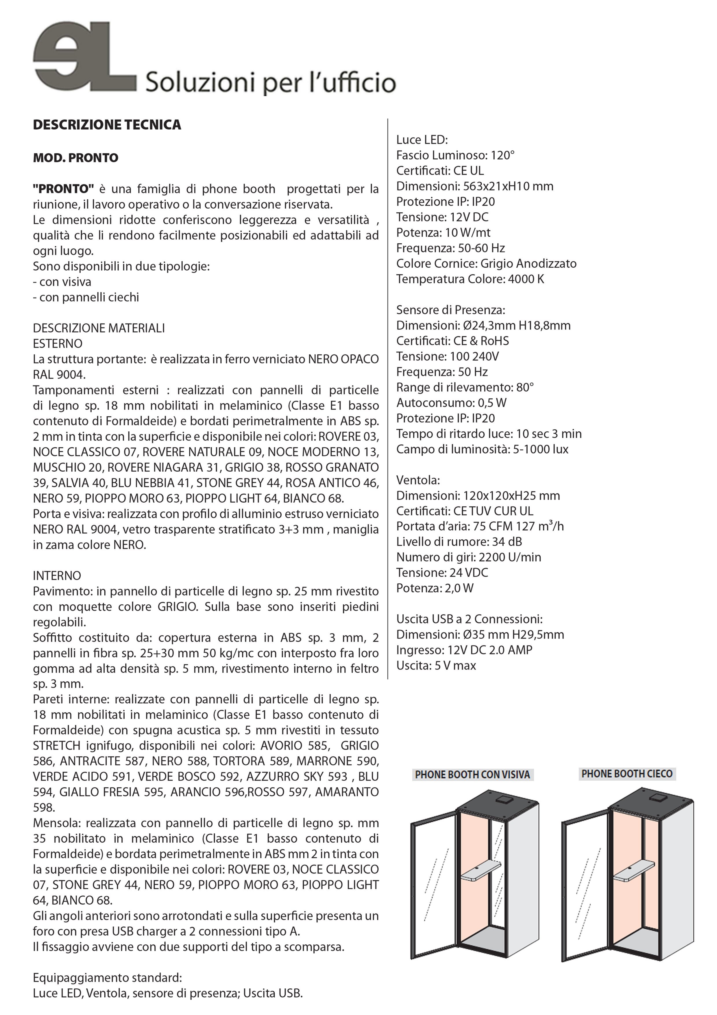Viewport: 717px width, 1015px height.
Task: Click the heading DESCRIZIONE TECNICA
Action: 107,125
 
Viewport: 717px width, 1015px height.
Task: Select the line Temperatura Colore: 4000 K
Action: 470,279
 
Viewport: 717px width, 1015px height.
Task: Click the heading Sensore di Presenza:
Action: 450,310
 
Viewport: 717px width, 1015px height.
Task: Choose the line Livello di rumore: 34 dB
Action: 459,542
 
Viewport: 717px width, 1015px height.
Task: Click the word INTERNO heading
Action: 57,575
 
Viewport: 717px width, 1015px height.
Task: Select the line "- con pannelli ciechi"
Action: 86,297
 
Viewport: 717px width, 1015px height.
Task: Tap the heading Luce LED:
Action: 422,140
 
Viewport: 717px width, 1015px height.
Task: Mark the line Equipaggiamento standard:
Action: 107,977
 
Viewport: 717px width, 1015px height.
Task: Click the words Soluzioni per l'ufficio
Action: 270,83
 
